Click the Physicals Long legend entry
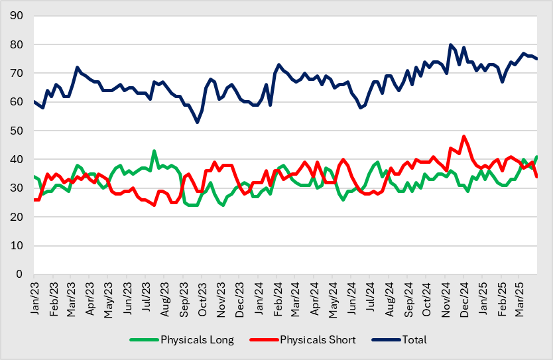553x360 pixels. (197, 340)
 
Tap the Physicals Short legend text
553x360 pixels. (318, 340)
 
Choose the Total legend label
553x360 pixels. (414, 340)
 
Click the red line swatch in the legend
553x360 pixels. (263, 340)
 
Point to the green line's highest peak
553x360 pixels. (154, 151)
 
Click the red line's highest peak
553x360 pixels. (464, 137)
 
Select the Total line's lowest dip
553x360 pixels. (198, 122)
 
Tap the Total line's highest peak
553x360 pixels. (451, 45)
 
